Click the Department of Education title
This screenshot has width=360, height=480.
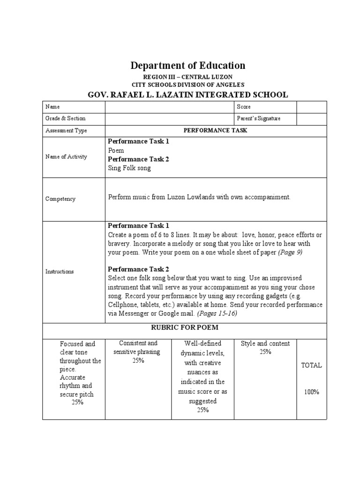coord(187,65)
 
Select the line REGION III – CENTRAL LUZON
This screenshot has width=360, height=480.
coord(187,77)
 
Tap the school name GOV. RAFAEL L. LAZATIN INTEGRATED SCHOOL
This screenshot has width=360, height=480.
coord(187,95)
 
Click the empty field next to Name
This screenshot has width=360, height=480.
coord(170,107)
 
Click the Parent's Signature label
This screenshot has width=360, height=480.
coord(259,119)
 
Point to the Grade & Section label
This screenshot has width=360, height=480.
coord(65,119)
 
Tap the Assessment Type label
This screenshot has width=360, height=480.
coord(66,131)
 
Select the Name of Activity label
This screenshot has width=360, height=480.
coord(66,157)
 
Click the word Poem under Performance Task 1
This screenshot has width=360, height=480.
coord(116,150)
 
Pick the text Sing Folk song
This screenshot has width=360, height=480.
coord(129,168)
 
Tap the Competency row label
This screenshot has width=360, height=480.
coord(60,199)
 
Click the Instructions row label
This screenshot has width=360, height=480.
coord(60,271)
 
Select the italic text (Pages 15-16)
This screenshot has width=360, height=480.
coord(217,314)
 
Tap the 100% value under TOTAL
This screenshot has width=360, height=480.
coord(311,392)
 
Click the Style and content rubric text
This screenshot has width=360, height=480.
coord(265,344)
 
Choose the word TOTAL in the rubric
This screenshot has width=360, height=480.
coord(311,365)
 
